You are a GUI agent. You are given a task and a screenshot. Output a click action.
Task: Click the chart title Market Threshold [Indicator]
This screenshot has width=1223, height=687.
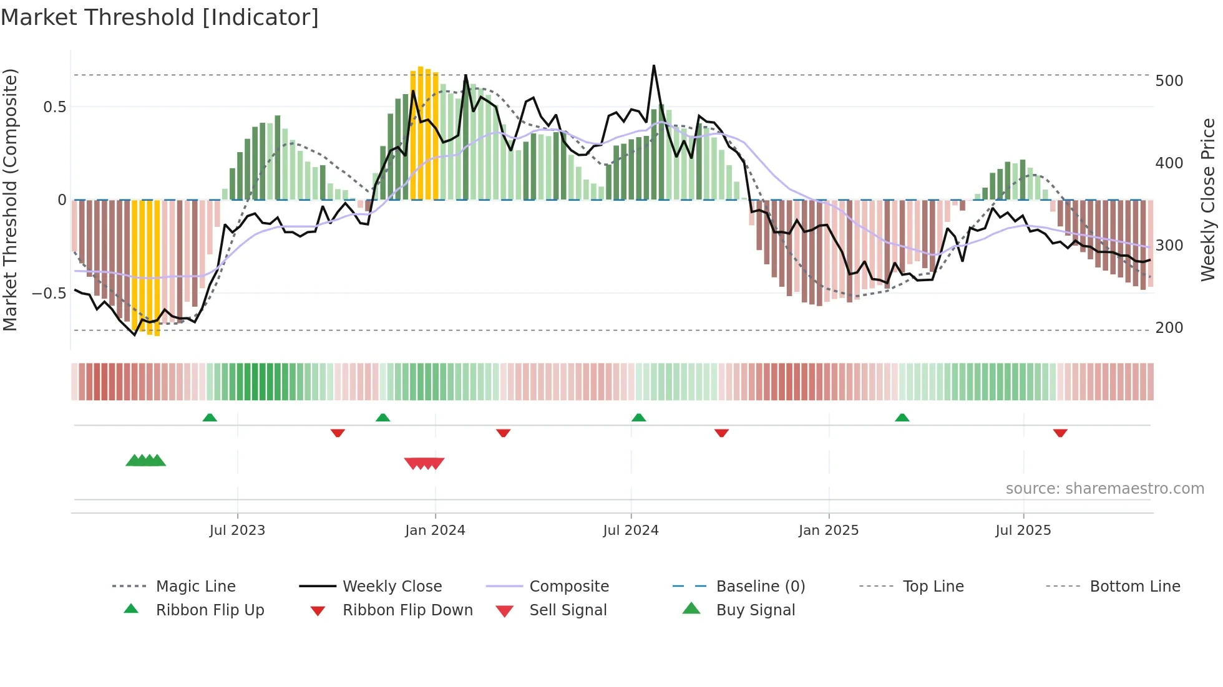tap(160, 17)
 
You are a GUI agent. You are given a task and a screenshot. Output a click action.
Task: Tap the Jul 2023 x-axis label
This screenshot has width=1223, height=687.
tap(237, 530)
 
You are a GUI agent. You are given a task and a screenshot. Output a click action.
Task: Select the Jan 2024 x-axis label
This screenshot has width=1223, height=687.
tap(435, 530)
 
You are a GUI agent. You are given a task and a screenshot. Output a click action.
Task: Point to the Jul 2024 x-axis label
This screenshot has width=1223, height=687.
tap(631, 530)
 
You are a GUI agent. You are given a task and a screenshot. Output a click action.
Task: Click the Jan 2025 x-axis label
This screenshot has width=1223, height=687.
tap(829, 530)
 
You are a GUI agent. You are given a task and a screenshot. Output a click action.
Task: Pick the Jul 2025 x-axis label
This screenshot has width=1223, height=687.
tap(1023, 530)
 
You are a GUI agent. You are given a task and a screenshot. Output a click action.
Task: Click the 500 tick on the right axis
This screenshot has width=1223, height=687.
tap(1169, 81)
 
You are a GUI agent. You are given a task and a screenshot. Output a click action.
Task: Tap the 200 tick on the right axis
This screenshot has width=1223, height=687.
tap(1169, 327)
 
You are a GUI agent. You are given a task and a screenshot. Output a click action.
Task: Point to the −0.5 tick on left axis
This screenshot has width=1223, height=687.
tap(49, 293)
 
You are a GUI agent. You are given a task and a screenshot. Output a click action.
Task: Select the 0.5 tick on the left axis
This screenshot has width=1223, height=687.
tap(54, 107)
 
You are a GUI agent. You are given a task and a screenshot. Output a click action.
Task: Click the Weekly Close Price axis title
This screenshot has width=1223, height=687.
tap(1208, 199)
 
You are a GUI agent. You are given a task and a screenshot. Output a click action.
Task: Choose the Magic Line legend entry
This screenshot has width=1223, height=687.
tap(195, 586)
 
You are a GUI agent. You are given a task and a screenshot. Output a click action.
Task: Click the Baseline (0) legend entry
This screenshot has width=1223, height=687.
tap(760, 586)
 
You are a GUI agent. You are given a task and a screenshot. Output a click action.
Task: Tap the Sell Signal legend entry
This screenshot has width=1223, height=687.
tap(567, 610)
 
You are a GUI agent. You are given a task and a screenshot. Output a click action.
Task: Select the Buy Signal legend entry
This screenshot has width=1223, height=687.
tap(755, 610)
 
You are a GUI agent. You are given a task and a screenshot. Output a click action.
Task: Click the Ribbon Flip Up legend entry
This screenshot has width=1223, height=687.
tap(210, 610)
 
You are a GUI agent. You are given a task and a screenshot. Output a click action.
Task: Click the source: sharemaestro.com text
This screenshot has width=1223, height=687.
tap(1104, 488)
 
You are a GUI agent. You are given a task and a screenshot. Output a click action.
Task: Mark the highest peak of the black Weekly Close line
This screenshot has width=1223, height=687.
tap(654, 65)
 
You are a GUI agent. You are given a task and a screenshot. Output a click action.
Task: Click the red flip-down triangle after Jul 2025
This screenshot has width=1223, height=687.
tap(1060, 433)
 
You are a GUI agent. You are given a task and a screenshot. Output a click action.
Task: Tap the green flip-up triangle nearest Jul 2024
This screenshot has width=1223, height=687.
tap(638, 418)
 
